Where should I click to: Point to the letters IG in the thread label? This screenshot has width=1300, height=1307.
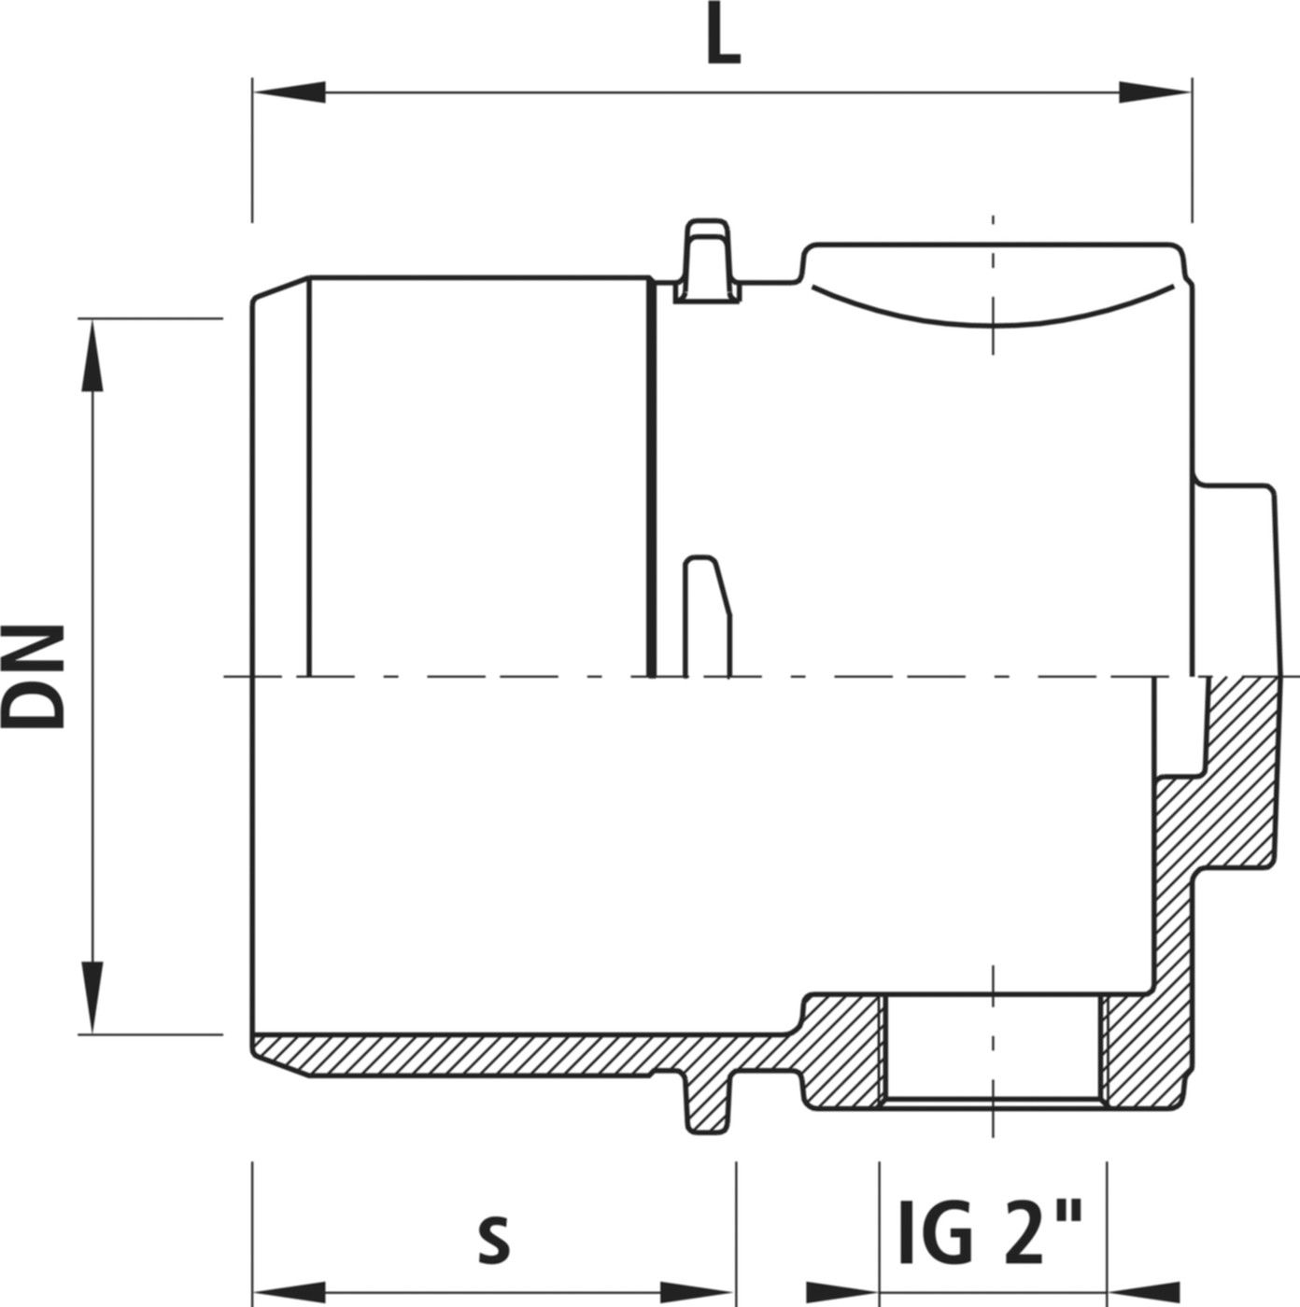pyautogui.click(x=936, y=1236)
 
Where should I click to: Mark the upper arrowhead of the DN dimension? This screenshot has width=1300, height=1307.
pyautogui.click(x=92, y=355)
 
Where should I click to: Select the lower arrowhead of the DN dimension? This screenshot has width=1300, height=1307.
pyautogui.click(x=92, y=999)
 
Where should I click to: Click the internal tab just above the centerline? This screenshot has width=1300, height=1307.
pyautogui.click(x=706, y=616)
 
